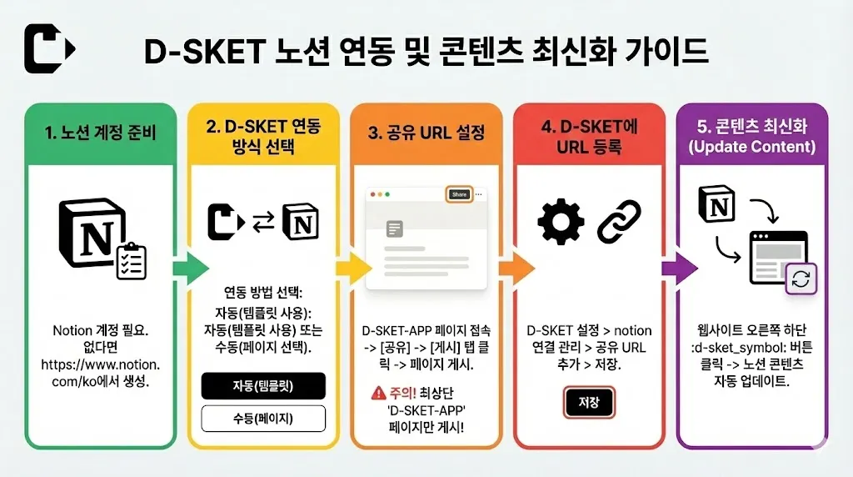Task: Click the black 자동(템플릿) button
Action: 263,386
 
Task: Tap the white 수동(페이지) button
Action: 263,418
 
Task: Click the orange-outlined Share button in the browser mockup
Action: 459,194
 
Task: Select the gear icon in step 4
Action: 561,222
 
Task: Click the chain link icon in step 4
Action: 619,221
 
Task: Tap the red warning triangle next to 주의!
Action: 379,393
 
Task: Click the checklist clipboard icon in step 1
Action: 132,261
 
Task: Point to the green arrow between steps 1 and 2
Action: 192,268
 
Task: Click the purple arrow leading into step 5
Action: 680,268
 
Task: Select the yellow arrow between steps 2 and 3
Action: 354,268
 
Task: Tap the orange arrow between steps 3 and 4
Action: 516,268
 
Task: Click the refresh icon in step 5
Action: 801,279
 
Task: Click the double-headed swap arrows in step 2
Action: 264,222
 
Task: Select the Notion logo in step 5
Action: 717,205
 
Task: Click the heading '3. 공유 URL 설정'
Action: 426,133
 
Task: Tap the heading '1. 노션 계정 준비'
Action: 101,133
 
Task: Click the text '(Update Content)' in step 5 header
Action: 752,147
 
